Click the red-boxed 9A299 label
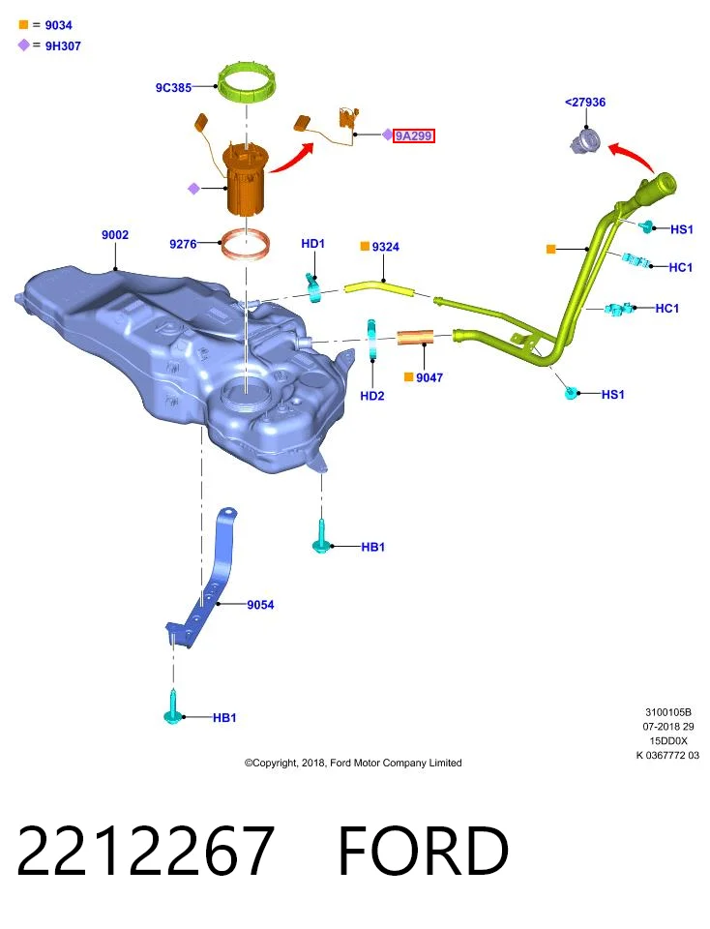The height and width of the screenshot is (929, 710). (x=413, y=135)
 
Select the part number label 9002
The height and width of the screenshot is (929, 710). (x=115, y=234)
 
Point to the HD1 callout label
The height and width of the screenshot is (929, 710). (x=312, y=244)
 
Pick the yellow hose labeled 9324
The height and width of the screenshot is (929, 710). (x=379, y=288)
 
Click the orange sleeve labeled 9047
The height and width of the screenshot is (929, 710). (x=415, y=339)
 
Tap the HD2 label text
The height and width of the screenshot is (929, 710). (x=371, y=395)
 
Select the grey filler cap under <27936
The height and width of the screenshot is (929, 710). (x=585, y=142)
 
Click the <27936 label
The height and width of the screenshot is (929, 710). (x=585, y=102)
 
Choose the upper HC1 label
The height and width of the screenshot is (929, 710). (x=680, y=267)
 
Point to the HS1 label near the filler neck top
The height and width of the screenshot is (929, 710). (x=682, y=228)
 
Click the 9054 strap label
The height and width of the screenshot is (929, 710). (x=260, y=604)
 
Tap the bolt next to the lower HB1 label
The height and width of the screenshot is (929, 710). (x=172, y=707)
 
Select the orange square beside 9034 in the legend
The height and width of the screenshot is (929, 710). (x=23, y=25)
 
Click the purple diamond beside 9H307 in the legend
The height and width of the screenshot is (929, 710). (x=23, y=45)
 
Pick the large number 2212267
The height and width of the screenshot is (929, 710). (x=146, y=851)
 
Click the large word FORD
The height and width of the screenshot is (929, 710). (x=423, y=851)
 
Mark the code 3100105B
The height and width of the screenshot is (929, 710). (x=668, y=712)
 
